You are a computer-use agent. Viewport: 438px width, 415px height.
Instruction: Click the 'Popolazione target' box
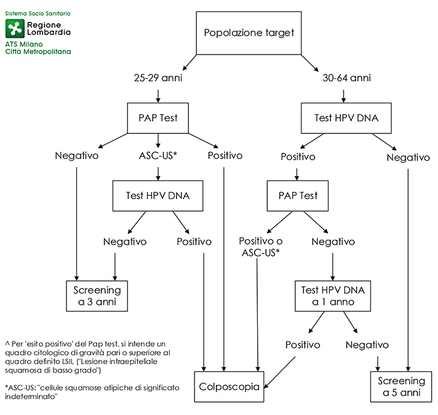pos(249,32)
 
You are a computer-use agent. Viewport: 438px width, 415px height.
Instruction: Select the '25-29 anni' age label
pos(157,79)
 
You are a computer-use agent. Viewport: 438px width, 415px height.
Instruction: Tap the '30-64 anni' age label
pos(346,79)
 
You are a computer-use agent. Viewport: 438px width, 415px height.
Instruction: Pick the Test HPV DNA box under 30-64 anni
pos(346,118)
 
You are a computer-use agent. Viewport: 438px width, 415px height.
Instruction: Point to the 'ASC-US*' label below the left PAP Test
pos(157,156)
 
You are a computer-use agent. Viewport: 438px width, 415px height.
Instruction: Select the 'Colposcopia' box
pos(231,386)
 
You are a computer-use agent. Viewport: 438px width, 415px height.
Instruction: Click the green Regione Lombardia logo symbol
pos(14,28)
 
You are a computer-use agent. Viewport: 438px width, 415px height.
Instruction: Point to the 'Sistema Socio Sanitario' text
pos(37,13)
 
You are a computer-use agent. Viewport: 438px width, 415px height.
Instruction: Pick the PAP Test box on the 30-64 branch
pos(298,196)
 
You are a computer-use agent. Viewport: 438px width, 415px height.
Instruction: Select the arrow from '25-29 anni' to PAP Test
pos(157,96)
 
